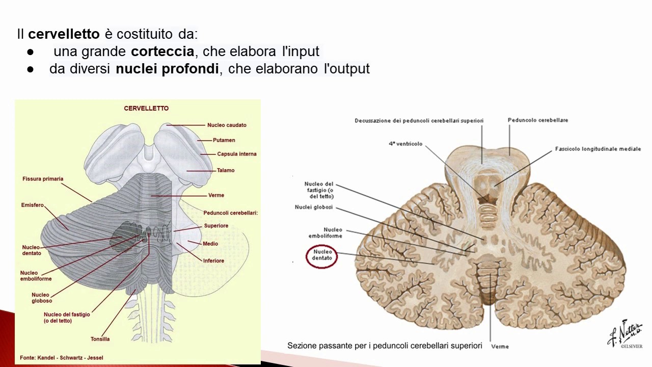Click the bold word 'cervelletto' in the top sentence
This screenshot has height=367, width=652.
point(64,35)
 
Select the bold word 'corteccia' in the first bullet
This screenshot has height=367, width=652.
point(162,51)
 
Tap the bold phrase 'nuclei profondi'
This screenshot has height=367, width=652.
point(167,69)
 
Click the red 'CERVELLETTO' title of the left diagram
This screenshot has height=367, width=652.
point(146,109)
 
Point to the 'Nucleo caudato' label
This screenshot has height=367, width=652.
point(227,125)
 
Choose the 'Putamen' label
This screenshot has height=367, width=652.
point(224,140)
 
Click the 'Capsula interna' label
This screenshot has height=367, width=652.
point(236,154)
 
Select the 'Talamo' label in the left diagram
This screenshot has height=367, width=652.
point(225,170)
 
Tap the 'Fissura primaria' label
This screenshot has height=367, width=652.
point(43,179)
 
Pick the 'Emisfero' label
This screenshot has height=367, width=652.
point(33,205)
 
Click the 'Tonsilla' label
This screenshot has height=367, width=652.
point(100,339)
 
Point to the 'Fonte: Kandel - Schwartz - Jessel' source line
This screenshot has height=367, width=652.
point(61,357)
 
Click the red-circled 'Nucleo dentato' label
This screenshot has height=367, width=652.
point(322,255)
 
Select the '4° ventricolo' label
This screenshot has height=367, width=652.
point(405,144)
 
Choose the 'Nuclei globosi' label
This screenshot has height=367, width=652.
point(313,207)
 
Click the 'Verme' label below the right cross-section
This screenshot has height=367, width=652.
point(500,347)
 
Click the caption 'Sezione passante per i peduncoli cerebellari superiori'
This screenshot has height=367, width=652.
point(385,346)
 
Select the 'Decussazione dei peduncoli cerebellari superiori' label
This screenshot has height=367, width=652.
point(419,121)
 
